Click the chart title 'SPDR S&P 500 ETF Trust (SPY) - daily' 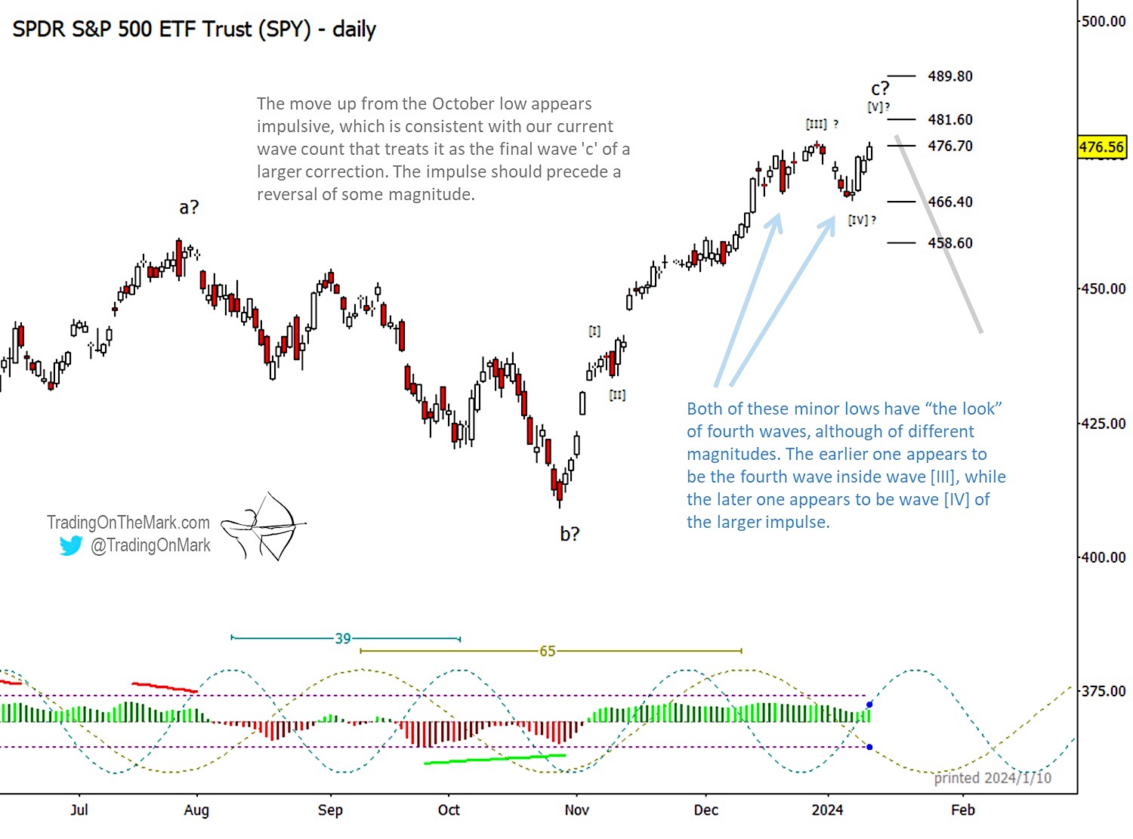click(x=194, y=29)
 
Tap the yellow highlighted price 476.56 click(x=1101, y=147)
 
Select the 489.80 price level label click(x=950, y=76)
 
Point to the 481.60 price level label click(x=950, y=119)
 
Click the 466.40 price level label click(x=950, y=202)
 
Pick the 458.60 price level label click(x=950, y=242)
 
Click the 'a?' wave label click(x=189, y=207)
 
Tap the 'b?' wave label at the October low click(x=570, y=534)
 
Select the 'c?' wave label click(x=880, y=88)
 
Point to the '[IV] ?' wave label click(x=862, y=220)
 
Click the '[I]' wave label click(x=594, y=331)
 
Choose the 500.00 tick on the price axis click(x=1104, y=21)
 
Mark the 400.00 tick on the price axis click(x=1104, y=557)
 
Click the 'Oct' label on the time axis click(x=449, y=810)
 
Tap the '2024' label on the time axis click(x=827, y=810)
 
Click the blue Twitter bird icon click(x=71, y=545)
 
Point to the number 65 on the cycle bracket click(x=547, y=651)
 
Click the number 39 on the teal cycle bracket click(x=343, y=639)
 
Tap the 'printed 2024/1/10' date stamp click(x=993, y=778)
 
